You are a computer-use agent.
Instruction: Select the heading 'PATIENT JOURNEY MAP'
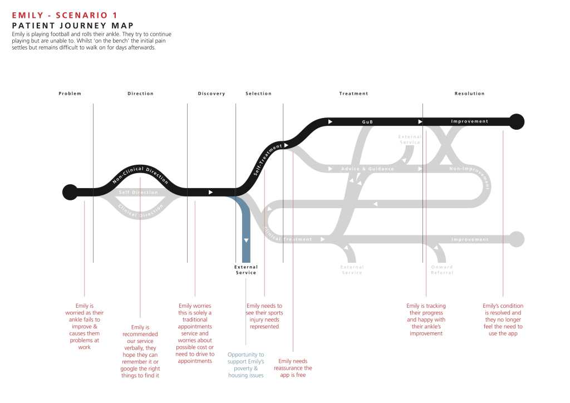click(73, 26)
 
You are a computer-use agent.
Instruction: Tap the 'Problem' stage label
click(70, 94)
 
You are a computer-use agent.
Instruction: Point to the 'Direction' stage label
click(140, 94)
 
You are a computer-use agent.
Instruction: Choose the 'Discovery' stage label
click(212, 94)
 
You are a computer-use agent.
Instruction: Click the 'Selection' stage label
click(259, 94)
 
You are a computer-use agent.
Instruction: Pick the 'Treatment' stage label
click(354, 94)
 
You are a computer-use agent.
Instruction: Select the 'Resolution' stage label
click(470, 94)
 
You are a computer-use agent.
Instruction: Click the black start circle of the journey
click(70, 192)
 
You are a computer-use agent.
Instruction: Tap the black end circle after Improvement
click(517, 121)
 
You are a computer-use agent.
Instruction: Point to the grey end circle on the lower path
click(517, 239)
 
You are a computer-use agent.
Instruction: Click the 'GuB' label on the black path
click(367, 121)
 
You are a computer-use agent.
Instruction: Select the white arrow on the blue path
click(246, 240)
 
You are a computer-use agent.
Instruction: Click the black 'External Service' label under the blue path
click(246, 270)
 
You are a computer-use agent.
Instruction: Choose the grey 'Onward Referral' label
click(442, 270)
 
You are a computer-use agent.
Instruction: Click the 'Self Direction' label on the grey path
click(139, 193)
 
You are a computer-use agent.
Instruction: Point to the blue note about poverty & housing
click(245, 365)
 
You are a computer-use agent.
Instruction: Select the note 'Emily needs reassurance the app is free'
click(293, 368)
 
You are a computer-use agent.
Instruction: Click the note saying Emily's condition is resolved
click(503, 320)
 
